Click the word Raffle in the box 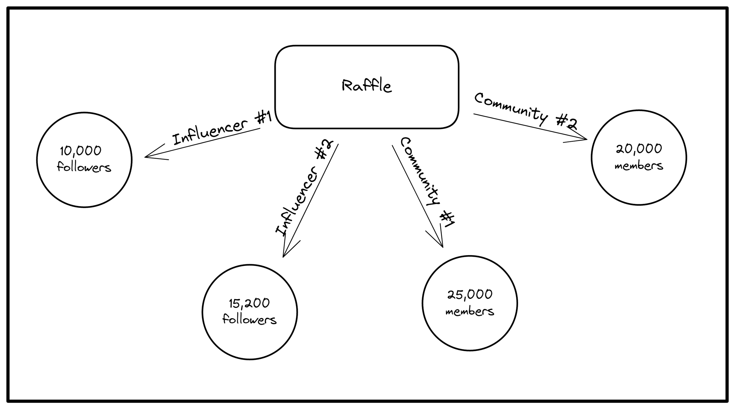366,86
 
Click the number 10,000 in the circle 81,151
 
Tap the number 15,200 249,303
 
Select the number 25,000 470,294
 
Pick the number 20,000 639,149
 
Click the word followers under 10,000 84,167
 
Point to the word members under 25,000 470,312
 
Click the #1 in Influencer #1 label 263,118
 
